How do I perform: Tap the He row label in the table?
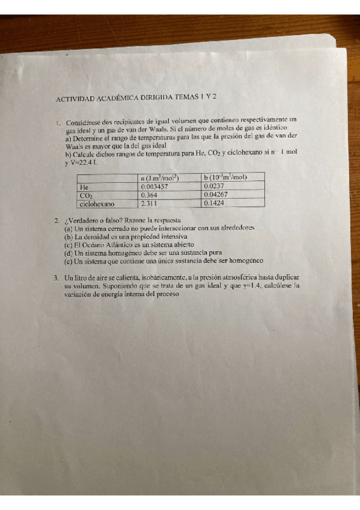click(84, 187)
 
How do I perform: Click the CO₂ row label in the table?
click(87, 195)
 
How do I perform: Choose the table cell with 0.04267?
click(216, 195)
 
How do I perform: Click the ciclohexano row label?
click(97, 204)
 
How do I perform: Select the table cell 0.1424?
click(214, 203)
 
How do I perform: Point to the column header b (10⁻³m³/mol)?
click(225, 177)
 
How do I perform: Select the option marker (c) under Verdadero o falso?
click(68, 245)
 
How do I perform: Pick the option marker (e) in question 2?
click(68, 262)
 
